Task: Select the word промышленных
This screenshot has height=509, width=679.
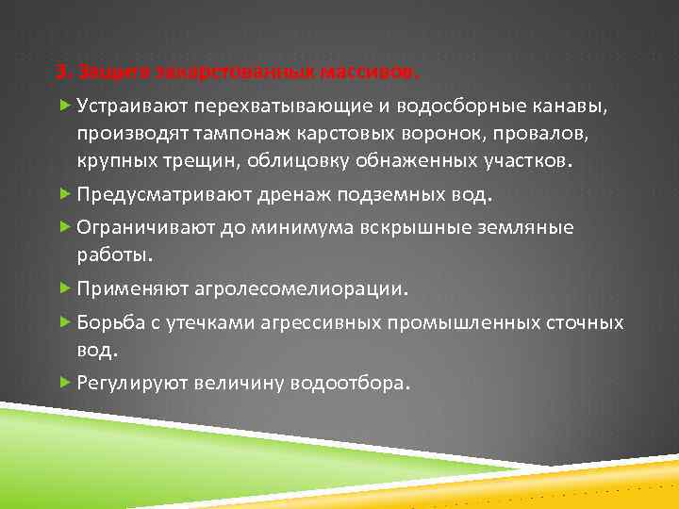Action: (x=462, y=322)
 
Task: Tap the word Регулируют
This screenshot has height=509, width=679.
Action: (x=131, y=384)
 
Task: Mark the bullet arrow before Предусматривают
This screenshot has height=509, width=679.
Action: (x=64, y=194)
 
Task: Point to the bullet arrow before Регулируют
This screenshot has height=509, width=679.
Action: (x=64, y=383)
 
